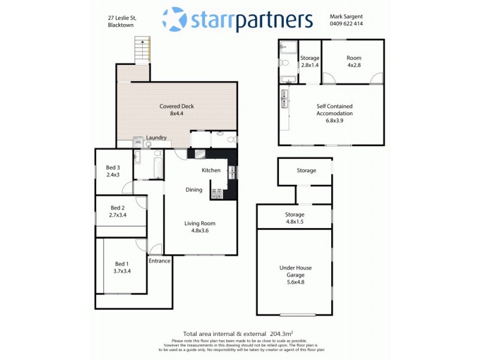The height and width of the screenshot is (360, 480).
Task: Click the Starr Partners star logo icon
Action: click(175, 19)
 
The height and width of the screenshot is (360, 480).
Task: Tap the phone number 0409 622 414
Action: click(346, 24)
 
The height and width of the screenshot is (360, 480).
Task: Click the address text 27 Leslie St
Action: click(118, 19)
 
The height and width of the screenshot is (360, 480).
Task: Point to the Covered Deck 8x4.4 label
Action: click(176, 110)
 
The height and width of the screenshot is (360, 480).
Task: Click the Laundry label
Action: click(156, 137)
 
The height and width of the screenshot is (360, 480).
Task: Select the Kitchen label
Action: click(211, 170)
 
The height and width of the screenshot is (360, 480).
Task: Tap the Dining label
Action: click(194, 190)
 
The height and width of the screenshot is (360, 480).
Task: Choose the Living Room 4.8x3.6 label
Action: click(199, 227)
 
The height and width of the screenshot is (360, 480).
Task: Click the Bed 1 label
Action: click(122, 268)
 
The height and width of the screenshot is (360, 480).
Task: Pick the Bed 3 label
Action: click(113, 171)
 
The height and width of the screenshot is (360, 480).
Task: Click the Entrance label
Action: click(160, 261)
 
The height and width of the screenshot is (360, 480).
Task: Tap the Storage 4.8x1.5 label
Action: click(295, 218)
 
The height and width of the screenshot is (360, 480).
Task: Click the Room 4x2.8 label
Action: click(354, 61)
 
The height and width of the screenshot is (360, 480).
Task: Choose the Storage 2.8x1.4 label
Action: click(310, 61)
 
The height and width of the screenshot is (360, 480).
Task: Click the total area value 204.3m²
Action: click(280, 334)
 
